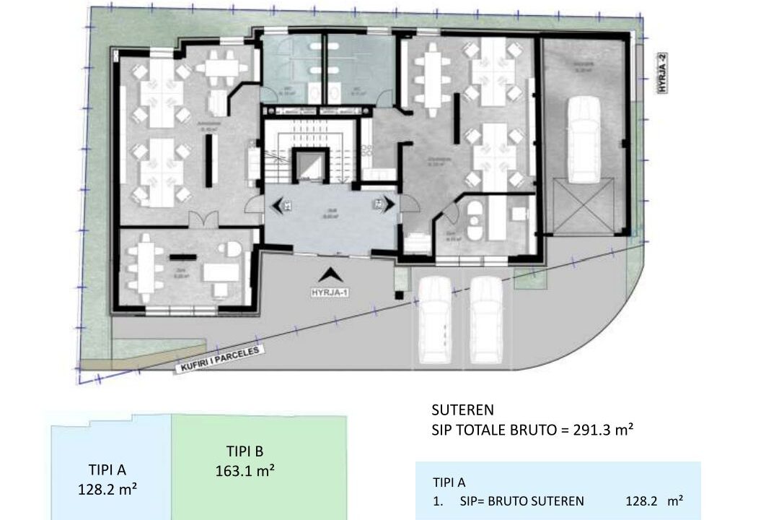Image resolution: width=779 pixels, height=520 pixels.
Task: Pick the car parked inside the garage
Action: [x=584, y=142]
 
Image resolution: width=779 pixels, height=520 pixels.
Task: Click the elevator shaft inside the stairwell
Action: [x=310, y=165]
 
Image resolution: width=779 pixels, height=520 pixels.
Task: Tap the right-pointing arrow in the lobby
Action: [x=382, y=205]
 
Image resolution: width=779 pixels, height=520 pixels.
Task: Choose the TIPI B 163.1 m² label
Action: [x=245, y=461]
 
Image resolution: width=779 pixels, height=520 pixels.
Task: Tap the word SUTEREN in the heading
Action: [x=462, y=410]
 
